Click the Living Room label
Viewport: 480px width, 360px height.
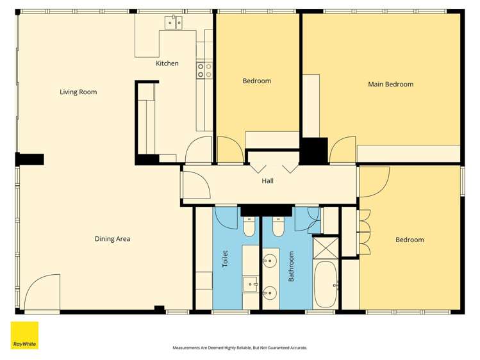(x=78, y=92)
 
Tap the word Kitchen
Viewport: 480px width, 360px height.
(x=167, y=63)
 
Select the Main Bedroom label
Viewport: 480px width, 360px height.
(x=390, y=84)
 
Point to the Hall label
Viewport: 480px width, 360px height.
(x=268, y=181)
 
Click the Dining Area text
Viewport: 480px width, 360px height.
(x=113, y=239)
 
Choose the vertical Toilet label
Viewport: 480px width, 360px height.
(x=225, y=259)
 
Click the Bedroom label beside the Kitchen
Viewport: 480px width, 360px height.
(x=256, y=81)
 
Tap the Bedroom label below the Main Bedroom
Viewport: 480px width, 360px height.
(x=410, y=240)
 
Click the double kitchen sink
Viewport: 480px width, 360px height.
(x=173, y=23)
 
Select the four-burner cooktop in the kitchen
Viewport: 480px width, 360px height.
(x=204, y=70)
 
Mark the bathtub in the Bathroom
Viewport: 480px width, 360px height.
(x=326, y=284)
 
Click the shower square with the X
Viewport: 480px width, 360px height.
(x=325, y=247)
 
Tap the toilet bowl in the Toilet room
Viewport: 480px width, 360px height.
(x=249, y=227)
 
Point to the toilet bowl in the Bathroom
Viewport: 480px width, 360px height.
(x=278, y=227)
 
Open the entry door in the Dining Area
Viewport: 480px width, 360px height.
(x=43, y=293)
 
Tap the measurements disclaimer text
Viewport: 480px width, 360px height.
(x=240, y=348)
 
